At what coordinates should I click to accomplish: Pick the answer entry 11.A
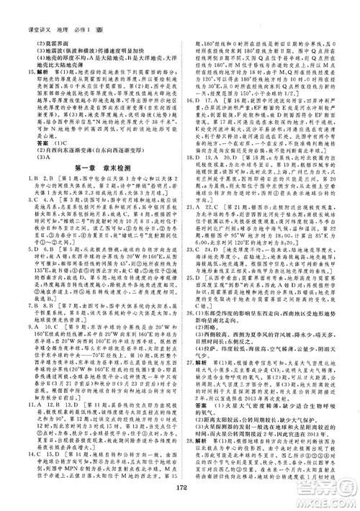pos(26,402)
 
